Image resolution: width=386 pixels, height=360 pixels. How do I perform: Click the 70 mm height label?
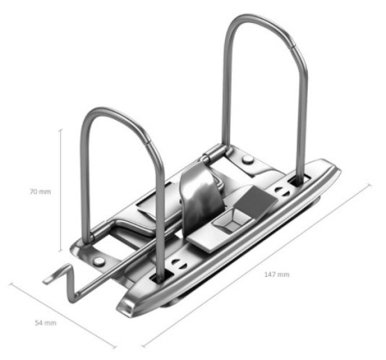pos(40,192)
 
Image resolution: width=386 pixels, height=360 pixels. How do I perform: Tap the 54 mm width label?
pos(45,323)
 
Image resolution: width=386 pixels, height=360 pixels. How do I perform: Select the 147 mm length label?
pos(276,274)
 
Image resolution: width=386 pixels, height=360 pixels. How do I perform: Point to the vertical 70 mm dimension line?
pos(60,190)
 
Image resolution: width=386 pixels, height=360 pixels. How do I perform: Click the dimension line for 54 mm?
pos(63,315)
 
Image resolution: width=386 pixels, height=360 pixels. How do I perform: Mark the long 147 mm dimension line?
pos(256,266)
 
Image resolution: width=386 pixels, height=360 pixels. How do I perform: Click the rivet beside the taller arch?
pos(247,159)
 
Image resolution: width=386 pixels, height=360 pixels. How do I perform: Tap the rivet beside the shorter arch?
pos(99,261)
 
